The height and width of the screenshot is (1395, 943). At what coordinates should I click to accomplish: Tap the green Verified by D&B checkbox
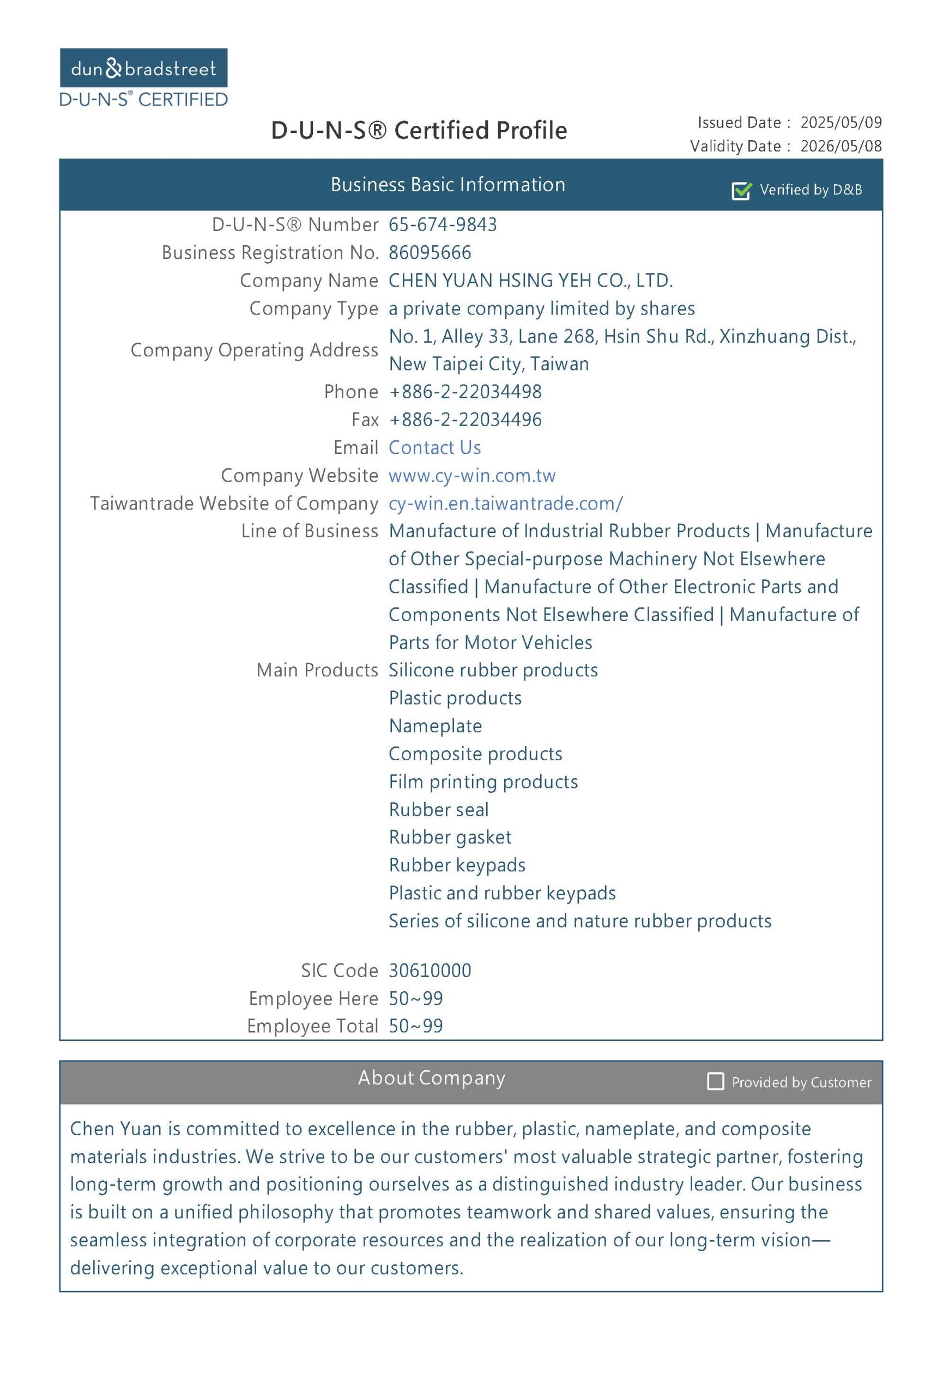coord(741,190)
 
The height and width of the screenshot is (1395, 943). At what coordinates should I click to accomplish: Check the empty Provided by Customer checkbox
coord(715,1081)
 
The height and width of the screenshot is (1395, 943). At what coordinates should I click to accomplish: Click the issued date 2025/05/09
coord(841,123)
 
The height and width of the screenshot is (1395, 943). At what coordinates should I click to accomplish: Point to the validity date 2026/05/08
coord(841,146)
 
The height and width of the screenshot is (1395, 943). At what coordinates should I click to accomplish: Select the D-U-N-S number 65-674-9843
coord(443,225)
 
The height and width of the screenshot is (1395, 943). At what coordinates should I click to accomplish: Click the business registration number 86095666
coord(430,253)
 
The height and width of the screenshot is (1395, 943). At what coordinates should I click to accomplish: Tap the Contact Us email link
coord(434,447)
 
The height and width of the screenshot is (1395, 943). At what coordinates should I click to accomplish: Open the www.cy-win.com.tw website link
coord(472,475)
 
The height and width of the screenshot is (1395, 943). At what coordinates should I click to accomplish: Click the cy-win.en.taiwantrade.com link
coord(505,503)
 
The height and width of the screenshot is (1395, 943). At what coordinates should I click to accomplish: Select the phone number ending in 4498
coord(465,391)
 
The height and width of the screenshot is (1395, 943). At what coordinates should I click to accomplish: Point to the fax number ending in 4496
coord(465,420)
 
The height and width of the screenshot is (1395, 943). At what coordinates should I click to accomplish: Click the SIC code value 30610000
coord(430,970)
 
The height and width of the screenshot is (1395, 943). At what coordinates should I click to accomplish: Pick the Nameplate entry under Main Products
coord(435,726)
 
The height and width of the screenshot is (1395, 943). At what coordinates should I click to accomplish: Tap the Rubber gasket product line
coord(450,837)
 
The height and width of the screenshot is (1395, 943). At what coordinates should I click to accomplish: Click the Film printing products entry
coord(483,781)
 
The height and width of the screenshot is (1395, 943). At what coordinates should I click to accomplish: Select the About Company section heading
coord(432,1078)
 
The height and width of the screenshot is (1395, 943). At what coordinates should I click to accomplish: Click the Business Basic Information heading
coord(448,184)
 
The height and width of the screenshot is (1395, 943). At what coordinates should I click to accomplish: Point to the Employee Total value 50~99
coord(415,1026)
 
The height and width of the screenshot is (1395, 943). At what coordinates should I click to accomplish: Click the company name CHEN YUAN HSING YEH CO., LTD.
coord(530,280)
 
